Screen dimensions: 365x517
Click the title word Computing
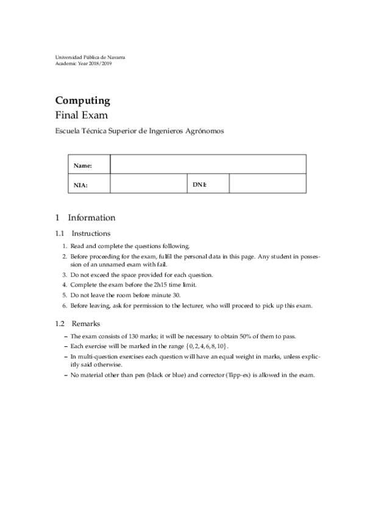[x=82, y=101]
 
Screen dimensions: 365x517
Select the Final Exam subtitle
[x=82, y=114]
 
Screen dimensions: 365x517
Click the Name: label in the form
[x=82, y=165]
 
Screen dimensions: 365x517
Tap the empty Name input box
[x=207, y=165]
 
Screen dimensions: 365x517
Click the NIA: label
[x=81, y=184]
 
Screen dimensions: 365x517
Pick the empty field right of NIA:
[x=148, y=184]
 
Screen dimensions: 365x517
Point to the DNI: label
[x=200, y=184]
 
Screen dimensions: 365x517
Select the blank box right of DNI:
[x=267, y=184]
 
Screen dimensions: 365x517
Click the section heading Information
[x=91, y=218]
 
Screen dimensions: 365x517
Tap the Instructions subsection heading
[x=91, y=234]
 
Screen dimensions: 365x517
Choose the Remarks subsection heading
[x=86, y=324]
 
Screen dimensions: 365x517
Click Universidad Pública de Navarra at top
[x=90, y=57]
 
